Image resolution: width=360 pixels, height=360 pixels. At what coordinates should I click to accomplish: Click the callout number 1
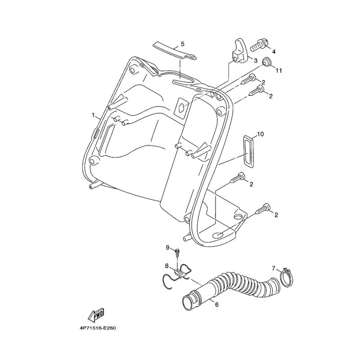(x=94, y=115)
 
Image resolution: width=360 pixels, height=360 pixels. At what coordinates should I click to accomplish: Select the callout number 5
(x=183, y=44)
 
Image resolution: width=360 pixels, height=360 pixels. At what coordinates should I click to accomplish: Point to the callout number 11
(x=279, y=71)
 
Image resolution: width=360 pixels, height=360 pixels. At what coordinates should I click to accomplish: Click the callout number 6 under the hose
(x=217, y=305)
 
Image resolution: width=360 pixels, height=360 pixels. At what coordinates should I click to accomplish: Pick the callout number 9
(x=167, y=247)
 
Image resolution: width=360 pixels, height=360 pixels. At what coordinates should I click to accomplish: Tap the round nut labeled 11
(x=266, y=62)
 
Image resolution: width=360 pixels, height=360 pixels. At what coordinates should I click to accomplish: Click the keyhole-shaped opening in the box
(x=181, y=107)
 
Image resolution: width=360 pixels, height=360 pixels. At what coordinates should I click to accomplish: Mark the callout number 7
(x=273, y=268)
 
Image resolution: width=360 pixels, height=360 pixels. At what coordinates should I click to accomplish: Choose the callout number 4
(x=274, y=51)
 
